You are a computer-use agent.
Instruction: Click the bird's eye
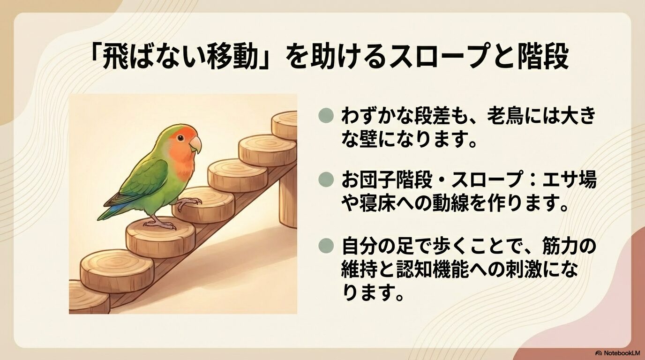179,137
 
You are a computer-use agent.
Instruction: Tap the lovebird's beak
196,144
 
